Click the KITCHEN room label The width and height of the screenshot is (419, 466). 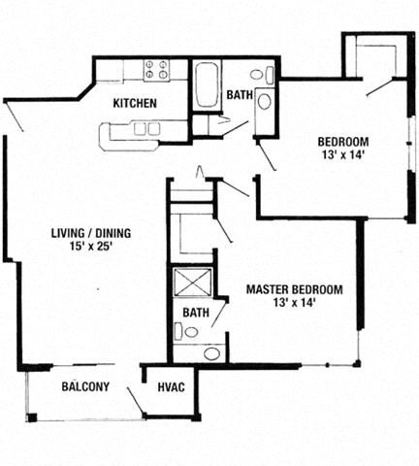(136, 103)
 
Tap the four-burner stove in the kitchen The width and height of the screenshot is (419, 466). (156, 70)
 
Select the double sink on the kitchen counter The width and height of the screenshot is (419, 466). (146, 128)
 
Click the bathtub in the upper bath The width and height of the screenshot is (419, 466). (208, 85)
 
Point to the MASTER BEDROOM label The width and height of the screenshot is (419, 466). (294, 289)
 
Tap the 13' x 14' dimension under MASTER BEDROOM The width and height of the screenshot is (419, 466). (294, 303)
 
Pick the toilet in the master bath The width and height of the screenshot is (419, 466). (190, 332)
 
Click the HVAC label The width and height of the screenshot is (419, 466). (172, 387)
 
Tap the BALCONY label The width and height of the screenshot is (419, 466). (85, 386)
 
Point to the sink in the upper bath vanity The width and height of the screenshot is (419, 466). (265, 101)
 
